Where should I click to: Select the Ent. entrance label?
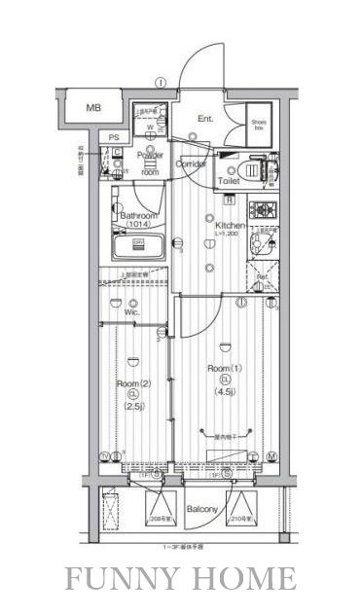(x=205, y=119)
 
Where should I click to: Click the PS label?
(x=114, y=137)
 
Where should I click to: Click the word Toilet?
(x=229, y=181)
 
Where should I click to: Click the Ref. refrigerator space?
(x=262, y=276)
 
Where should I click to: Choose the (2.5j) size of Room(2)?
(x=133, y=408)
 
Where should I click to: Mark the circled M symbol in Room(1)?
(x=273, y=456)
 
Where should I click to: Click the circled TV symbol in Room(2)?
(x=104, y=456)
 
